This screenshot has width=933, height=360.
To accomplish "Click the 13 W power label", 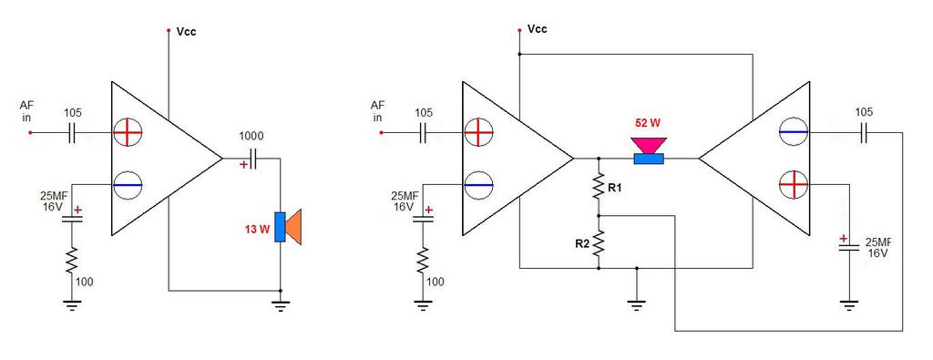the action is [256, 229].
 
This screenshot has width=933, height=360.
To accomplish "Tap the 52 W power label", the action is [648, 124].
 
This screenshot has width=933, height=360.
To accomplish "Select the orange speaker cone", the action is [294, 227].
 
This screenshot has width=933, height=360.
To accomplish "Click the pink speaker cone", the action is [648, 145].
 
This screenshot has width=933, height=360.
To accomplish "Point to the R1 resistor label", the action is [614, 188].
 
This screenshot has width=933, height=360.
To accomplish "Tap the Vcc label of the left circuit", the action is [186, 32].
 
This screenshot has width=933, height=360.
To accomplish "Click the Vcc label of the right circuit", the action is [538, 29].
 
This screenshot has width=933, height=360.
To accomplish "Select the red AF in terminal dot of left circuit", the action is [31, 133].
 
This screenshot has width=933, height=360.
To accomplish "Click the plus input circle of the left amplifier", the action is [128, 132].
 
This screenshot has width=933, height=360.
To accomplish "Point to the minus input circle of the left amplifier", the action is [128, 185].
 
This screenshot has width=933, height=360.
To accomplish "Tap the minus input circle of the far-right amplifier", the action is [794, 131].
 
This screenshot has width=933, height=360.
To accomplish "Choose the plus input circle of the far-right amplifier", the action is [794, 184].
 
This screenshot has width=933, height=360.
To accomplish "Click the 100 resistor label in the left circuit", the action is [85, 282].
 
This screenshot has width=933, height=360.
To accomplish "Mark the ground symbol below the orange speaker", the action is [281, 305].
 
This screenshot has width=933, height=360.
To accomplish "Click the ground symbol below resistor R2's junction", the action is [637, 305].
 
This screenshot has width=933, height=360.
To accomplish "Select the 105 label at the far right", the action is [864, 112].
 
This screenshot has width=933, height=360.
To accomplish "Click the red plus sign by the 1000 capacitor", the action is [243, 165].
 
